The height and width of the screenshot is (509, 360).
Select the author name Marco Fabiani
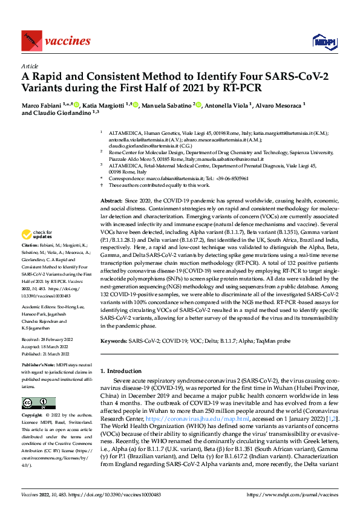click(45, 106)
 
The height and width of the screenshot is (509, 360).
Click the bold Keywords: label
click(114, 341)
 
